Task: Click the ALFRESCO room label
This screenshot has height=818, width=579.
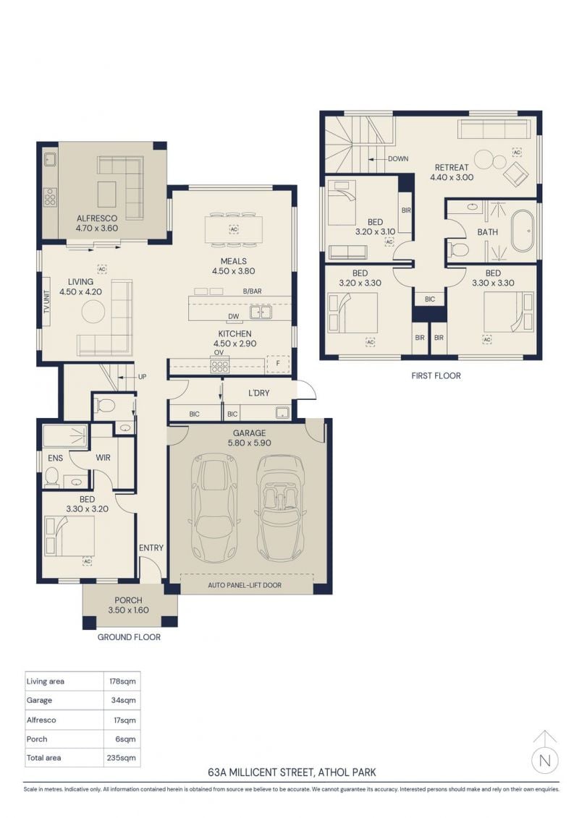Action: (97, 218)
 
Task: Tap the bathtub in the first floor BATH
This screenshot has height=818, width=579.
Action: (523, 231)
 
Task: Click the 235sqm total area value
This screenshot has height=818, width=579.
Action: (121, 758)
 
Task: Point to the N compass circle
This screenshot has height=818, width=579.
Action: (545, 760)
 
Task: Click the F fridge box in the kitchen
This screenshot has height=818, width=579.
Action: (278, 364)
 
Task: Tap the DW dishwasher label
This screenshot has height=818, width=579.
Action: (233, 317)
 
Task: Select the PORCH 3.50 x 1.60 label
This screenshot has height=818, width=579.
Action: (128, 605)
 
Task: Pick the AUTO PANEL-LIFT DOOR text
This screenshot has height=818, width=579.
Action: (245, 585)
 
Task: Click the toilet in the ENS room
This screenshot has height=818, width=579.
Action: (51, 477)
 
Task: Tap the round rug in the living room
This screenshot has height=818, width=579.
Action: (93, 312)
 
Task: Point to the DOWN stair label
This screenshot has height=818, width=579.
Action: (398, 158)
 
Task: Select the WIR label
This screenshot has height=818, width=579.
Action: (103, 458)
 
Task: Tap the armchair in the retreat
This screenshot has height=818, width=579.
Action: (516, 173)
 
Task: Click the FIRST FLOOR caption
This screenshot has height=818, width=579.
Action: (436, 375)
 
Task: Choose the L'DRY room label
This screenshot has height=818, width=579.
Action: (258, 393)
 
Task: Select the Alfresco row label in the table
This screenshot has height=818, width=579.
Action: (41, 720)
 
